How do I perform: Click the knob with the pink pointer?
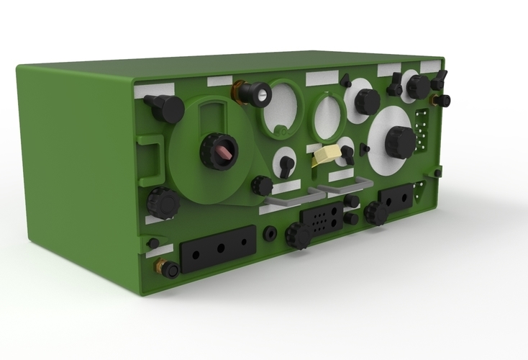[219, 151]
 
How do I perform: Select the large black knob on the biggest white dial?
[399, 141]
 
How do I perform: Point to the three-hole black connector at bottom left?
[219, 248]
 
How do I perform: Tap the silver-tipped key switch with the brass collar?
[254, 93]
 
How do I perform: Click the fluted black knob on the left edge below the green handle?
[163, 203]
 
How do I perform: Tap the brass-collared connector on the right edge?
[442, 100]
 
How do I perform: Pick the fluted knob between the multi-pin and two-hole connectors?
[375, 212]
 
